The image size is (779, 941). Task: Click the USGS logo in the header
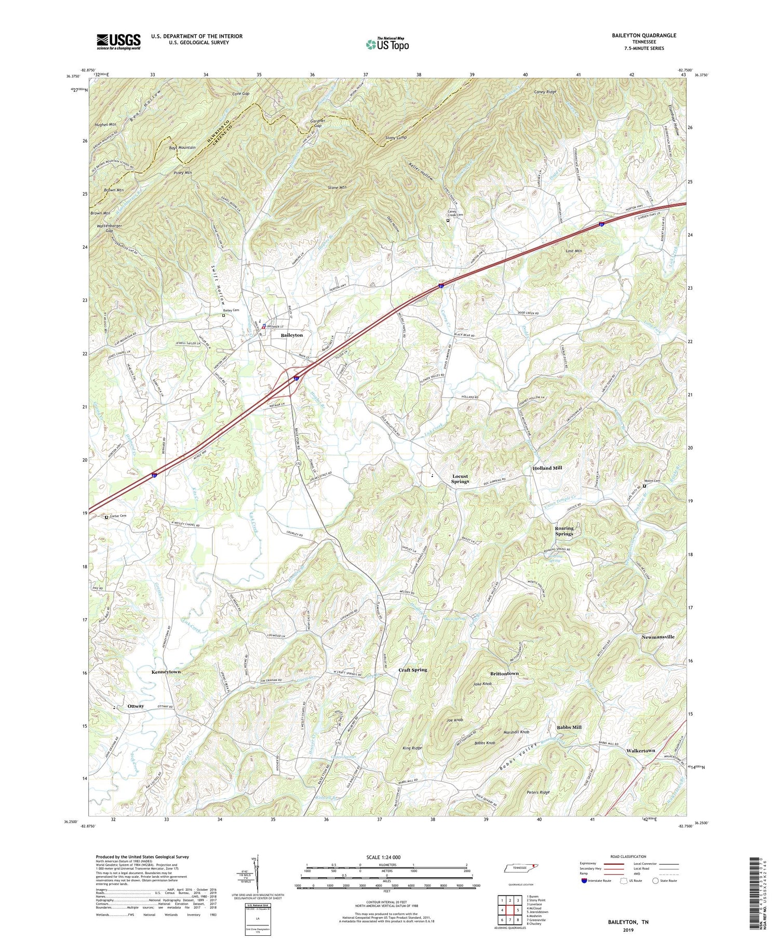click(118, 42)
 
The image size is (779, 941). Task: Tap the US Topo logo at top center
click(387, 44)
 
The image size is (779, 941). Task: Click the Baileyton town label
click(291, 335)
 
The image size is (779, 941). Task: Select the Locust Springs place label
click(460, 479)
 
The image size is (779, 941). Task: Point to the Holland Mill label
click(547, 468)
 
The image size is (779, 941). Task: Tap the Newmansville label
click(657, 636)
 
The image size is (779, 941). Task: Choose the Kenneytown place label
click(166, 672)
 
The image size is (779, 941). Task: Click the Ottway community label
click(136, 706)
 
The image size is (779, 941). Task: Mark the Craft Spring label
click(412, 670)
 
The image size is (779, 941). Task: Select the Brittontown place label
click(504, 673)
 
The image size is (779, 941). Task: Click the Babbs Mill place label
click(569, 727)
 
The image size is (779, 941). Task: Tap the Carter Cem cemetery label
click(118, 516)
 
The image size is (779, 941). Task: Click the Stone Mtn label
click(337, 187)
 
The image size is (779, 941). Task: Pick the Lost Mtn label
click(573, 251)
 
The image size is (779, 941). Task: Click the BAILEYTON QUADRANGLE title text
click(644, 35)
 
